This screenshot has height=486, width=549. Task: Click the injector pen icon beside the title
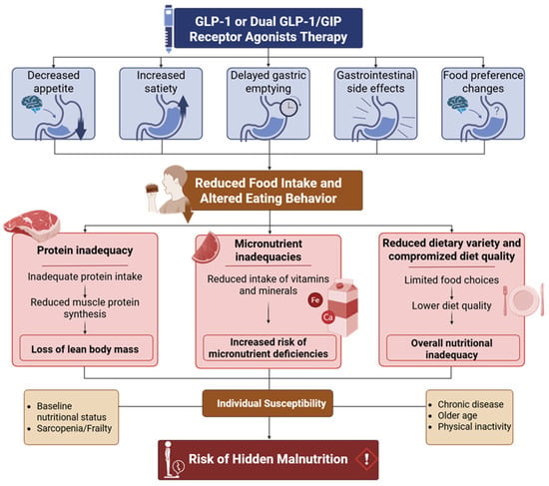coord(169,29)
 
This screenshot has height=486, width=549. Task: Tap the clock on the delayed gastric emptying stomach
coord(288,108)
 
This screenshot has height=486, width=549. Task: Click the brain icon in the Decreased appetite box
coord(32,104)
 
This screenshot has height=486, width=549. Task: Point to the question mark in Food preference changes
coord(496,111)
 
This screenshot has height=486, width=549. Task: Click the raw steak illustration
coord(32,225)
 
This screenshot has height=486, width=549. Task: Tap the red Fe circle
coord(315,300)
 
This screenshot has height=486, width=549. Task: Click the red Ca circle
coord(328,317)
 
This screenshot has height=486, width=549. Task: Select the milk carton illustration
coord(343,307)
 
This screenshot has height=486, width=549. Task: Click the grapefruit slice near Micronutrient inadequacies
coord(206,247)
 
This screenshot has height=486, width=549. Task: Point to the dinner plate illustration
coord(524,300)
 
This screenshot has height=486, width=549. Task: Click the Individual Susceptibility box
coord(268,403)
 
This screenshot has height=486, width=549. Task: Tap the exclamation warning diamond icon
coord(366,459)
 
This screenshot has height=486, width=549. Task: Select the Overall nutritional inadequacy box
coord(452,348)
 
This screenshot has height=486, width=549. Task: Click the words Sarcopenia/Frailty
coord(74,428)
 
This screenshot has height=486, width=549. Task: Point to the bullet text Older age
coord(457,415)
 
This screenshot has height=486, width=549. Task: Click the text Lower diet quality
coord(451,305)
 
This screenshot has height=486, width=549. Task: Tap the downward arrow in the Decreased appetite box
coord(81,129)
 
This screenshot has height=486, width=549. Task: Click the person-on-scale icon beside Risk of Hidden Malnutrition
coord(173,459)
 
